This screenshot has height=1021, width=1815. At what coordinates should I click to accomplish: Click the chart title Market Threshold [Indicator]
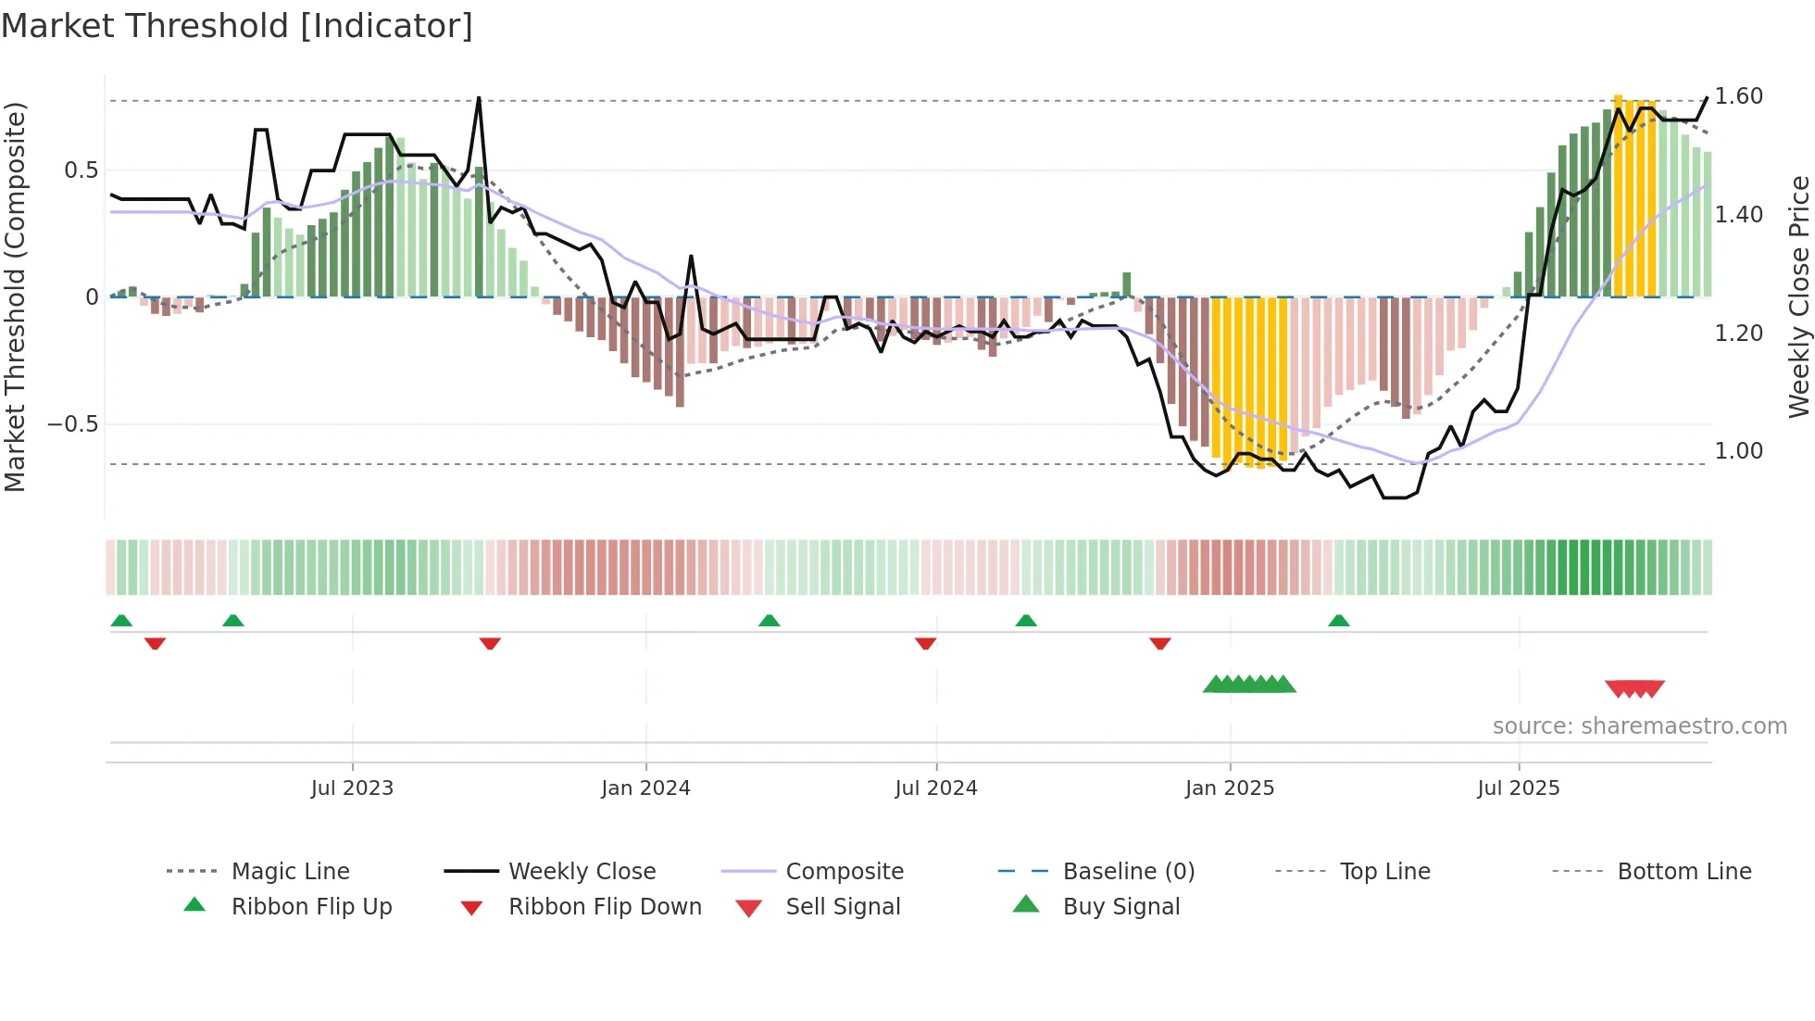click(x=237, y=26)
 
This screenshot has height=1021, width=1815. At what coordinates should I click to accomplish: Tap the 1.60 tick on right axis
click(x=1738, y=96)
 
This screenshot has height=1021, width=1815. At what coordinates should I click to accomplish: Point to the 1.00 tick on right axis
click(x=1738, y=451)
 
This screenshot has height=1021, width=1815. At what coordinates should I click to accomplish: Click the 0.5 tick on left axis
click(x=81, y=170)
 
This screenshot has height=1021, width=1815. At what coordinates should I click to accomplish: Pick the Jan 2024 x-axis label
click(x=645, y=788)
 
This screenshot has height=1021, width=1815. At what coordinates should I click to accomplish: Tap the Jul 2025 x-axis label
click(x=1518, y=788)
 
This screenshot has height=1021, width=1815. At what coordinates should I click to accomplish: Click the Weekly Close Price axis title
click(x=1798, y=296)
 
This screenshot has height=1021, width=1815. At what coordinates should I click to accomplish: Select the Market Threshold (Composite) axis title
click(x=15, y=296)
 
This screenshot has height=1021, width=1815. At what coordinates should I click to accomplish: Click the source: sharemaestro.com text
click(x=1639, y=726)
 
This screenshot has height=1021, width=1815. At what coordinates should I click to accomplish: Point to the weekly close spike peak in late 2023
click(x=479, y=98)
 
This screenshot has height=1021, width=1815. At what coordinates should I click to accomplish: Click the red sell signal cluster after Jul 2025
click(x=1634, y=688)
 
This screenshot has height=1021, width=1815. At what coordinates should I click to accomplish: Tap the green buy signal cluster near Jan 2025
click(x=1249, y=685)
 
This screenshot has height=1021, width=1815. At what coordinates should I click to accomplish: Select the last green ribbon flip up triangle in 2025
click(x=1338, y=621)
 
